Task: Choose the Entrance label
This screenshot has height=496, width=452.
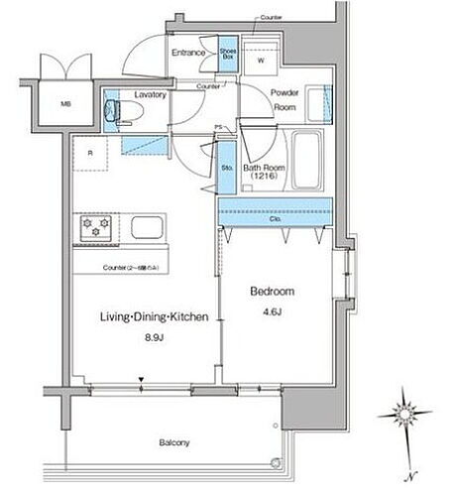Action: click(187, 53)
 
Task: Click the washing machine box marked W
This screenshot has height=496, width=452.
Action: click(262, 60)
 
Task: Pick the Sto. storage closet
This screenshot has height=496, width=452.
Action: click(227, 170)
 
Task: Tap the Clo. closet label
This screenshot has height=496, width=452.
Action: click(275, 219)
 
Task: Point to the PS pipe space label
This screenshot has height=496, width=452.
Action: click(218, 126)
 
